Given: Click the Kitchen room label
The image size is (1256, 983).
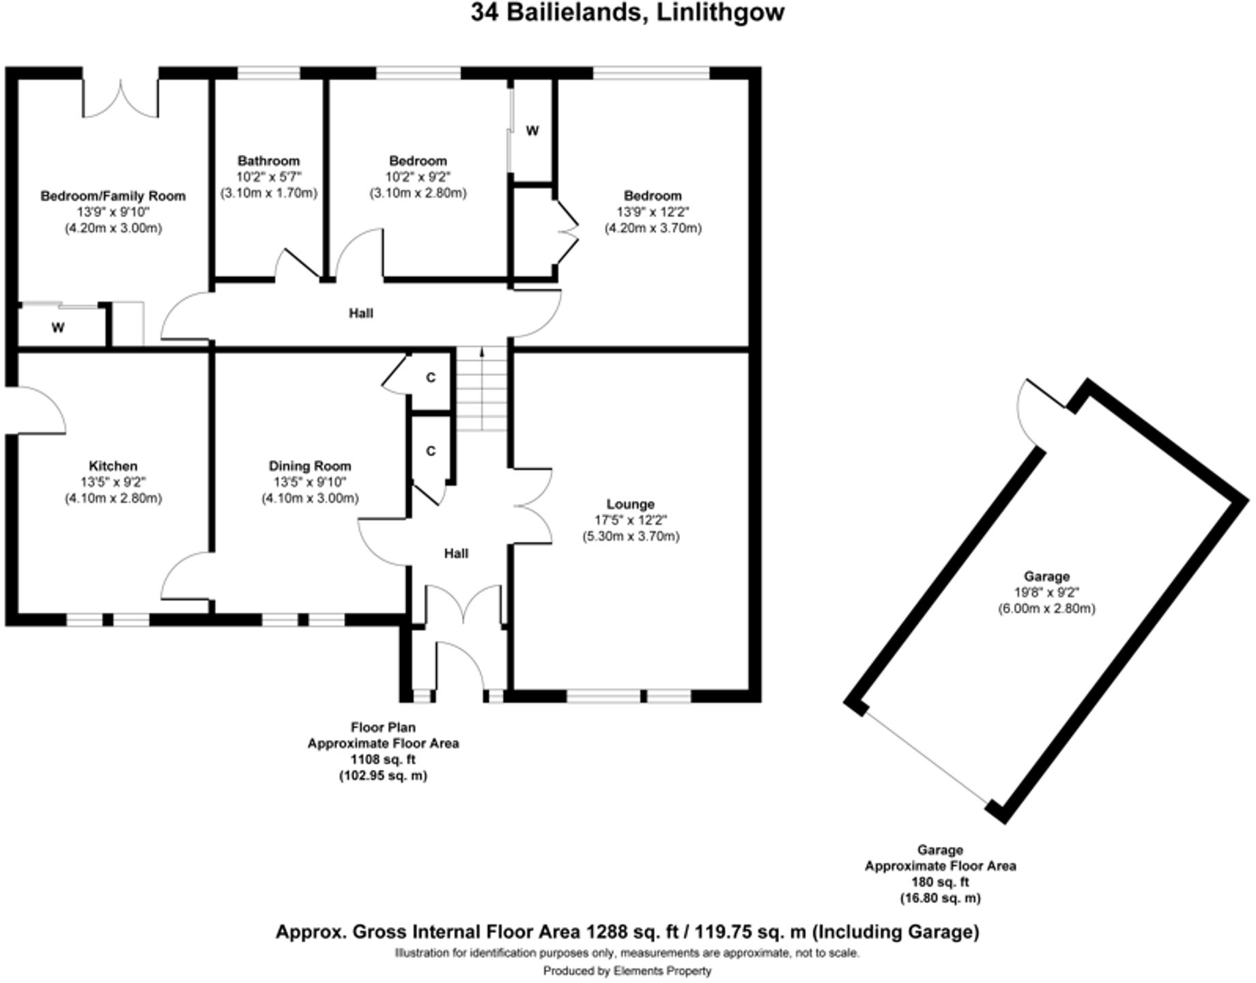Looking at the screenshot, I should [113, 466].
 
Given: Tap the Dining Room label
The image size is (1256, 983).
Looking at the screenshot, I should [310, 466].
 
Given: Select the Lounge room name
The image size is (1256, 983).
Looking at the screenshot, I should [630, 504].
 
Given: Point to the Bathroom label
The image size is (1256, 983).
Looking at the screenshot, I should [268, 161].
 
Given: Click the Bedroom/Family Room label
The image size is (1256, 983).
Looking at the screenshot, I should [113, 197].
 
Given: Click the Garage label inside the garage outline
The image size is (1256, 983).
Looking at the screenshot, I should [1046, 576].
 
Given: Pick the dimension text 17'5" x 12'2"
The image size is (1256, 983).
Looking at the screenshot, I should [630, 520].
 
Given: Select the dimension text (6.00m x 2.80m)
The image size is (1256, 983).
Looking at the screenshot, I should [1046, 608].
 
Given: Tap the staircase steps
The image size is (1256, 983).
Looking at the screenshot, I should [482, 393].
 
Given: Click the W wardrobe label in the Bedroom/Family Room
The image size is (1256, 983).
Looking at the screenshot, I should [58, 328].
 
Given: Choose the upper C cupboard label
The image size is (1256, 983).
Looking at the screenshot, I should [431, 377].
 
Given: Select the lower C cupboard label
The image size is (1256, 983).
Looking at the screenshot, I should [431, 451].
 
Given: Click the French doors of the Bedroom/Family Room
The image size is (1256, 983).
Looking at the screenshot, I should [121, 99].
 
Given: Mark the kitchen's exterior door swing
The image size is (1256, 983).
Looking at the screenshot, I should [38, 408].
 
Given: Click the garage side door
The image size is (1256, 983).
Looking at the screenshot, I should [1038, 410].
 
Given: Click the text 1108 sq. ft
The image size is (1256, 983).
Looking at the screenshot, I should [383, 759].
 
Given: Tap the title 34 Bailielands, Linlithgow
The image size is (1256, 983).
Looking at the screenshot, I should [627, 13].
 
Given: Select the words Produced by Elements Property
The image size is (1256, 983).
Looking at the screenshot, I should [627, 971].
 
